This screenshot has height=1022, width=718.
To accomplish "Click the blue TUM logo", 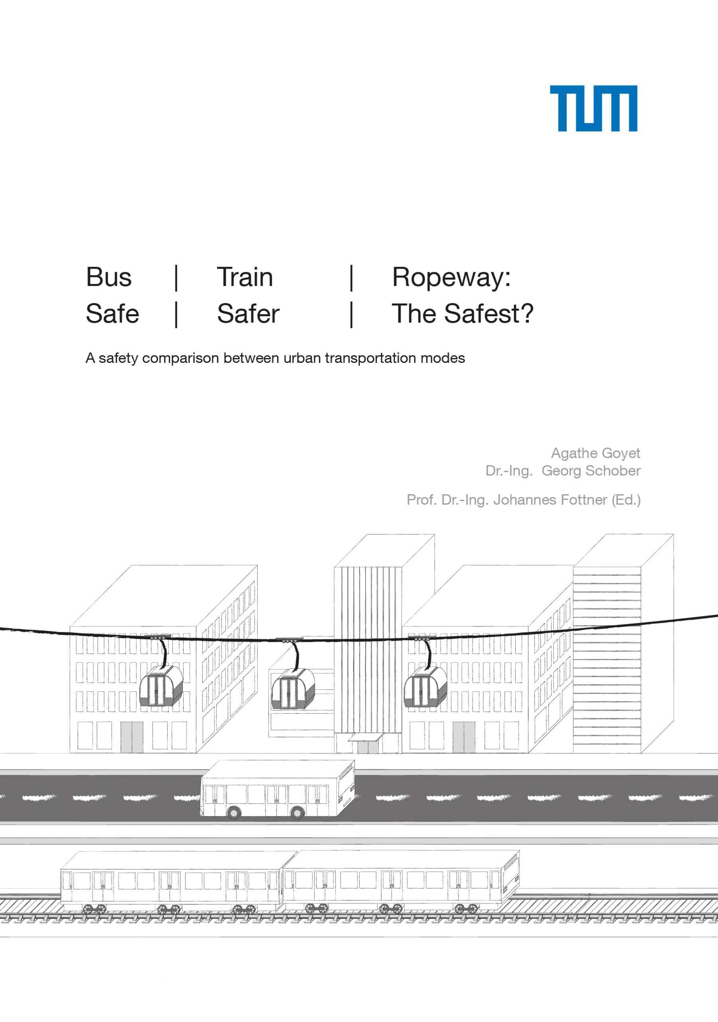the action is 593,109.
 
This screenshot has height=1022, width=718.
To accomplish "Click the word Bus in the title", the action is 109,277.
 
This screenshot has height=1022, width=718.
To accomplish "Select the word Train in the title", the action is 245,277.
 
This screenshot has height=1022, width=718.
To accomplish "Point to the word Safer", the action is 248,313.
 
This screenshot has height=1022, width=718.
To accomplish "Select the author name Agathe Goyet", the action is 595,453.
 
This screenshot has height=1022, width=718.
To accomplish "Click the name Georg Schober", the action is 591,471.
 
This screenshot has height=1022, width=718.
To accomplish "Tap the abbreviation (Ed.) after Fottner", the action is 626,500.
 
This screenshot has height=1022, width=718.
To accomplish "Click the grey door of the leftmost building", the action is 132,737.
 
